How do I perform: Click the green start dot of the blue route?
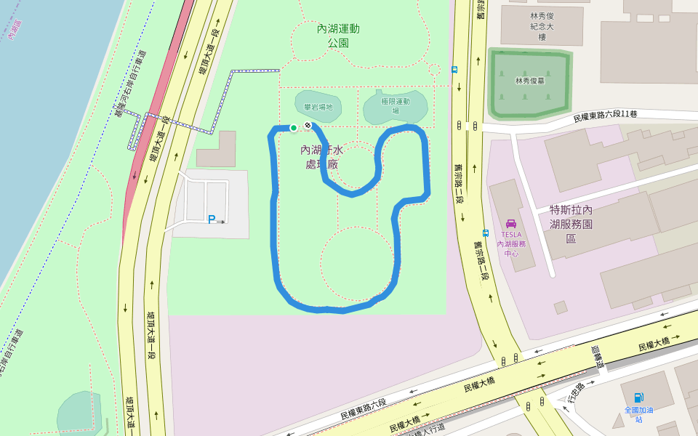[x=294, y=128]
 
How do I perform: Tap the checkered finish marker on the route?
[x=308, y=126]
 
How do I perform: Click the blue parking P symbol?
[x=212, y=219]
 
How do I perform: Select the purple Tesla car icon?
[x=511, y=223]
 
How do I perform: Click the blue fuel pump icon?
[x=638, y=397]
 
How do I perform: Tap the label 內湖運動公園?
[x=338, y=36]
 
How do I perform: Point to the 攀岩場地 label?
[x=318, y=107]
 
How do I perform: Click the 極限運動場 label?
[x=396, y=105]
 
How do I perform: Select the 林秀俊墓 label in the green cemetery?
[x=530, y=81]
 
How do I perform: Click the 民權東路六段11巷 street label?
[x=606, y=116]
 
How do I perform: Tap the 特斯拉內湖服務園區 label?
[x=571, y=224]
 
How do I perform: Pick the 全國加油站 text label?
[x=638, y=414]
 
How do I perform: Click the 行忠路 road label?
[x=576, y=392]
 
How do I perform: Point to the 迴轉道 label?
[x=597, y=357]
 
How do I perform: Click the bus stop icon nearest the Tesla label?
[x=485, y=234]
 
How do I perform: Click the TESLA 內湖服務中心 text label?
[x=511, y=243]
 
